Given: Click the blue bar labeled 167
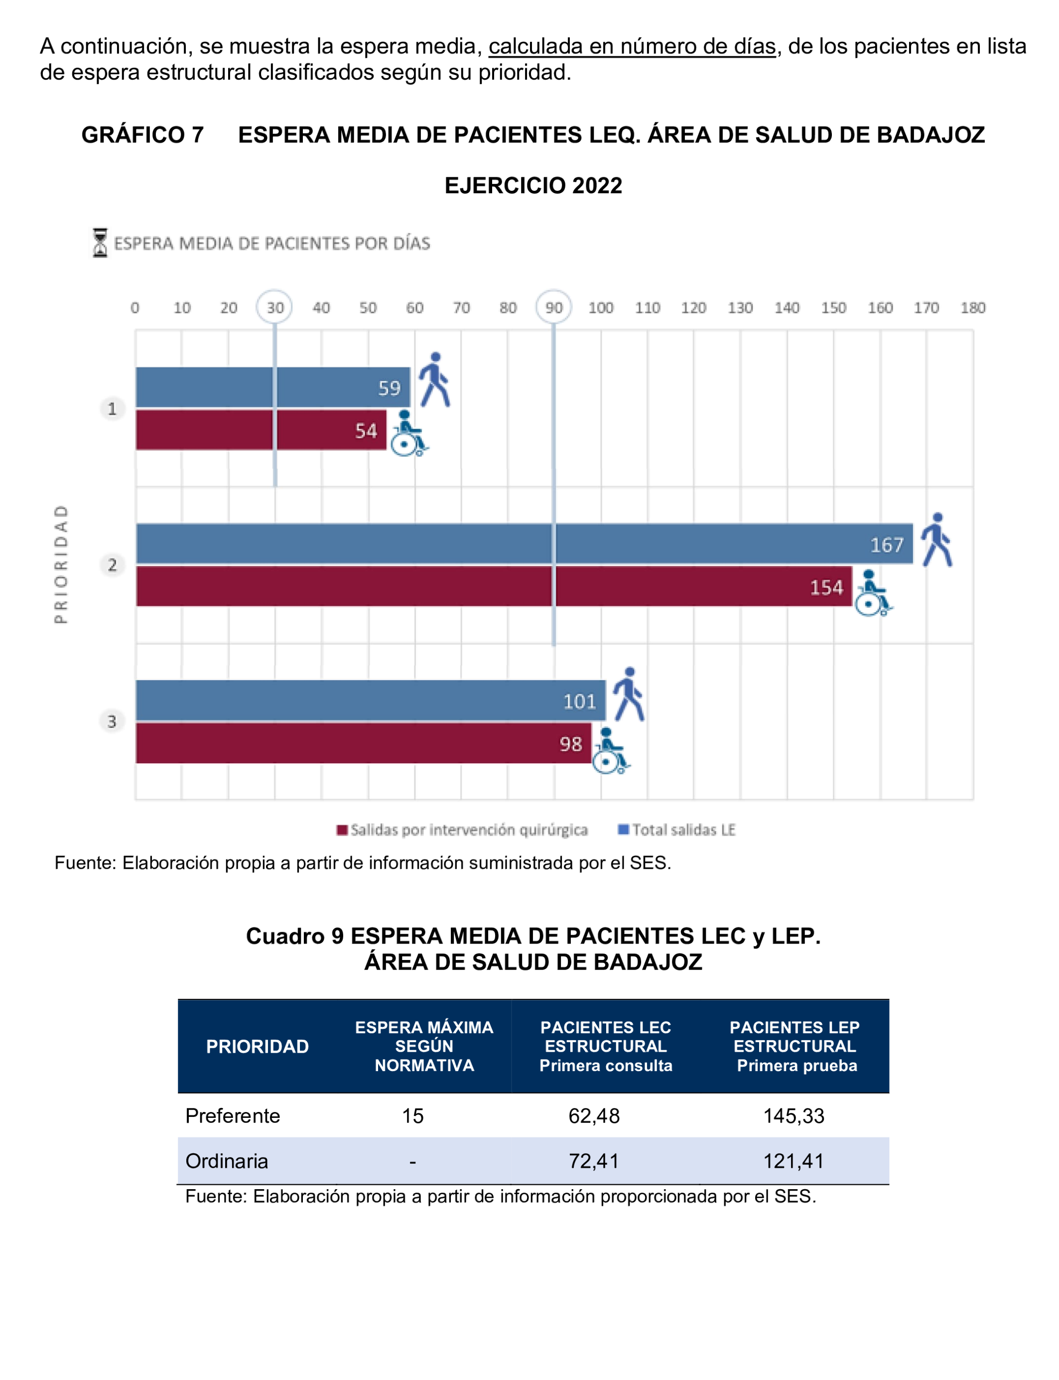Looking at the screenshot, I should click(523, 543).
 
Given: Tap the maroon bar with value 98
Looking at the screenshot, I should click(363, 743).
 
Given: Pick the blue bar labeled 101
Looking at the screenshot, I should click(370, 700).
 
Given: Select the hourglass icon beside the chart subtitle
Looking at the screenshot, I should click(100, 243).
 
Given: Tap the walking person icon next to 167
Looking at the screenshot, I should click(936, 540).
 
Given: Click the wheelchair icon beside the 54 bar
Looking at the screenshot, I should click(407, 434).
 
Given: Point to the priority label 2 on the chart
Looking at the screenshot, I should click(112, 564).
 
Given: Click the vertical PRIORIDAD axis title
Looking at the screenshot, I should click(60, 564).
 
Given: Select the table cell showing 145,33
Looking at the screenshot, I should click(794, 1116).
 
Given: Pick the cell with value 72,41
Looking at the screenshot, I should click(594, 1161).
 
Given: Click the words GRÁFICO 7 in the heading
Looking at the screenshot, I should click(142, 135).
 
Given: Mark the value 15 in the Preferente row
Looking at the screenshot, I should click(413, 1116).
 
